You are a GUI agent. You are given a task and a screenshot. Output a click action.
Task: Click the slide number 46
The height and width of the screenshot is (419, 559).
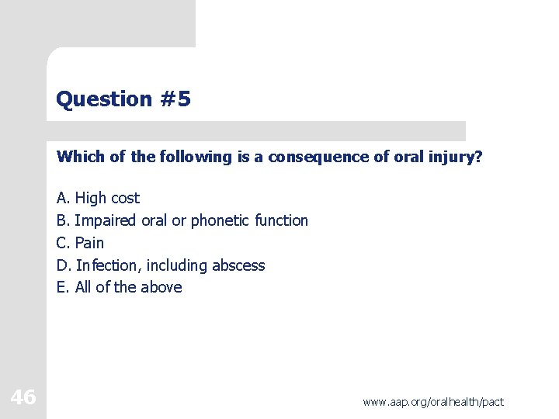pos(23,398)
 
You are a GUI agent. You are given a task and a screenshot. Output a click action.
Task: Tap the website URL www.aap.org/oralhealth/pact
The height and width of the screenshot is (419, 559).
pos(433,402)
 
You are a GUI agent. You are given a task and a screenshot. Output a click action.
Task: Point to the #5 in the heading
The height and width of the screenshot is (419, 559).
pos(175,99)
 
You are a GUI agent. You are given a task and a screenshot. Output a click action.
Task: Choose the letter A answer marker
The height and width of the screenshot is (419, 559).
pos(63,198)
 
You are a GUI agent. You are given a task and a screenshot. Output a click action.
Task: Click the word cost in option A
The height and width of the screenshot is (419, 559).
pos(125,198)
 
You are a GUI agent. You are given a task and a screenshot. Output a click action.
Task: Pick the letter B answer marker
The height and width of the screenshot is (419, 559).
pos(63,220)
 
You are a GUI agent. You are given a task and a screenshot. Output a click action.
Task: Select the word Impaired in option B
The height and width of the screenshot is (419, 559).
pos(106,220)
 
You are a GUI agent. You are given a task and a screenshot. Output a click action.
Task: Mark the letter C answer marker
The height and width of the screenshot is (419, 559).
pos(63,243)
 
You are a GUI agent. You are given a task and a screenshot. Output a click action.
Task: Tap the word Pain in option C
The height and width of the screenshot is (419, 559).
pos(89,243)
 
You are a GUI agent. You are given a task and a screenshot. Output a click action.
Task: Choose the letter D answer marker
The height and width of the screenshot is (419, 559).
pos(64,265)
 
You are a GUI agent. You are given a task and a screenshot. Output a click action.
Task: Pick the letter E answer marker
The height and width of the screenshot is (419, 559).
pos(63,287)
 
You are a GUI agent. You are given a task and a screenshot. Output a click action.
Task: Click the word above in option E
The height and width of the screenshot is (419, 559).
pos(161,287)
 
